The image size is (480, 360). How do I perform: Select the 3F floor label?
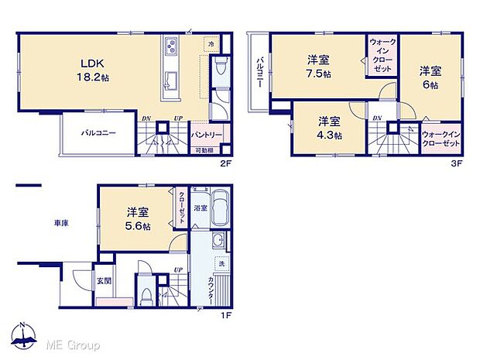coord(458,163)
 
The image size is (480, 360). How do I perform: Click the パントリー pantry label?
coord(207,134)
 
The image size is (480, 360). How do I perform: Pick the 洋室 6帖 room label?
coord(430,77)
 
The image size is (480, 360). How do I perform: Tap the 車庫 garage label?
coord(61,223)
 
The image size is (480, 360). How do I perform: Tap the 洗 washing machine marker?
coord(221,263)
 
